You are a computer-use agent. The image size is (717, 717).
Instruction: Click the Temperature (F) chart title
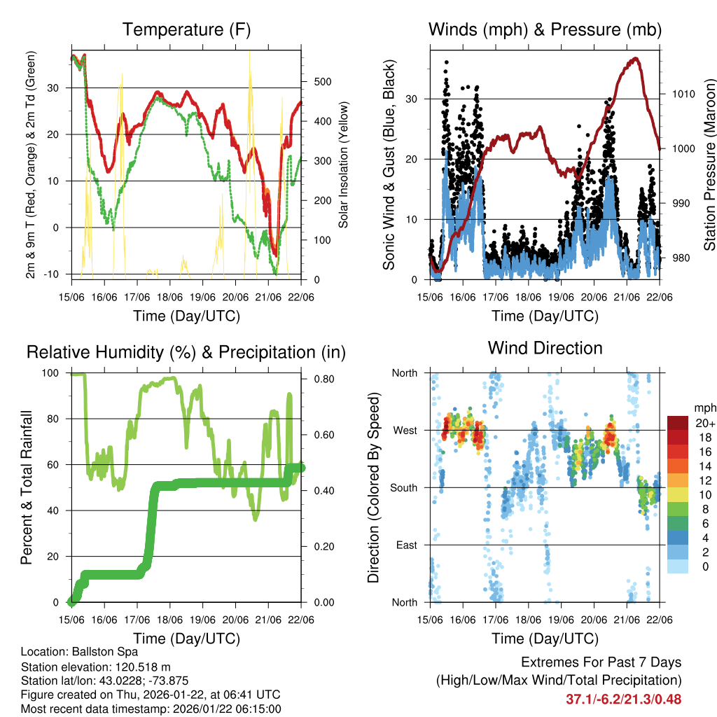[186, 29]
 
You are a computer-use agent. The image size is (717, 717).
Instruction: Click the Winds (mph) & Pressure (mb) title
[545, 29]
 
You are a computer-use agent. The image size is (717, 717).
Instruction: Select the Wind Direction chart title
[545, 347]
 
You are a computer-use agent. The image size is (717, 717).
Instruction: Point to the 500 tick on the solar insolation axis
[322, 81]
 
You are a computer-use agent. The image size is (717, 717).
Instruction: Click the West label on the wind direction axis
[404, 430]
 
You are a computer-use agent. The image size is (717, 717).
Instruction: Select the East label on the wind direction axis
[405, 545]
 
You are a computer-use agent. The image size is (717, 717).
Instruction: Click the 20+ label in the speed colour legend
[705, 424]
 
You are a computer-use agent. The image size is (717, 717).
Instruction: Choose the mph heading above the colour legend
[705, 408]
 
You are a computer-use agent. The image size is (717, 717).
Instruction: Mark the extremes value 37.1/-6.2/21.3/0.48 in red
[623, 699]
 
